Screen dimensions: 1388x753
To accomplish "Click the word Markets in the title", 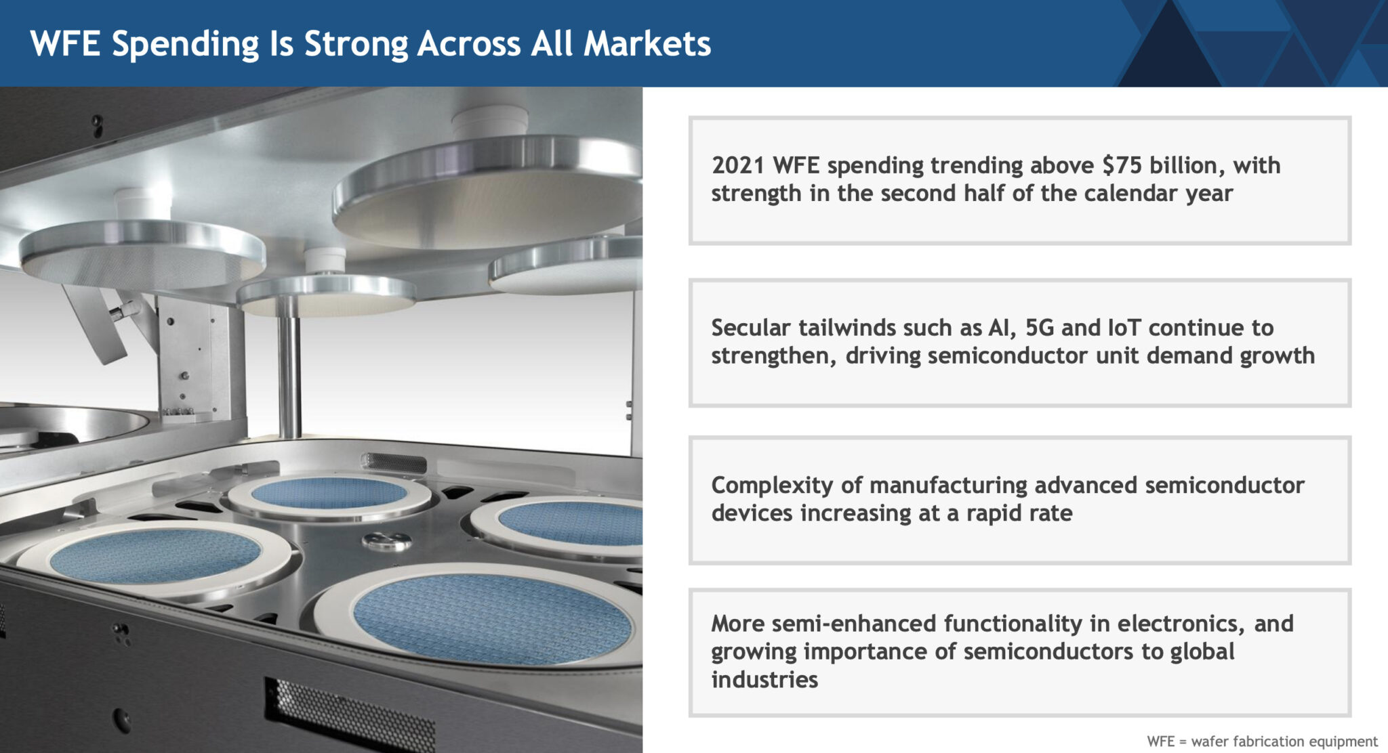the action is (x=647, y=43).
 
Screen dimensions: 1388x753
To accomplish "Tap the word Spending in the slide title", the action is (x=185, y=45).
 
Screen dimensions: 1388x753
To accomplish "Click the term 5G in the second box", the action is (x=1040, y=328).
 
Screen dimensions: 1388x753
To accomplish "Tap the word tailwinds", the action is (x=846, y=328).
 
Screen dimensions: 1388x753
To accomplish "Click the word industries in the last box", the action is (x=764, y=679).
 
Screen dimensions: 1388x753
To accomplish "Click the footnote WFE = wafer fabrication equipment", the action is (x=1262, y=741).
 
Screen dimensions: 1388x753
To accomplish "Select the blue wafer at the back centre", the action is (x=329, y=492).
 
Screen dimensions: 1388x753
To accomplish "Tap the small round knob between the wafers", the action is (x=387, y=541).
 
